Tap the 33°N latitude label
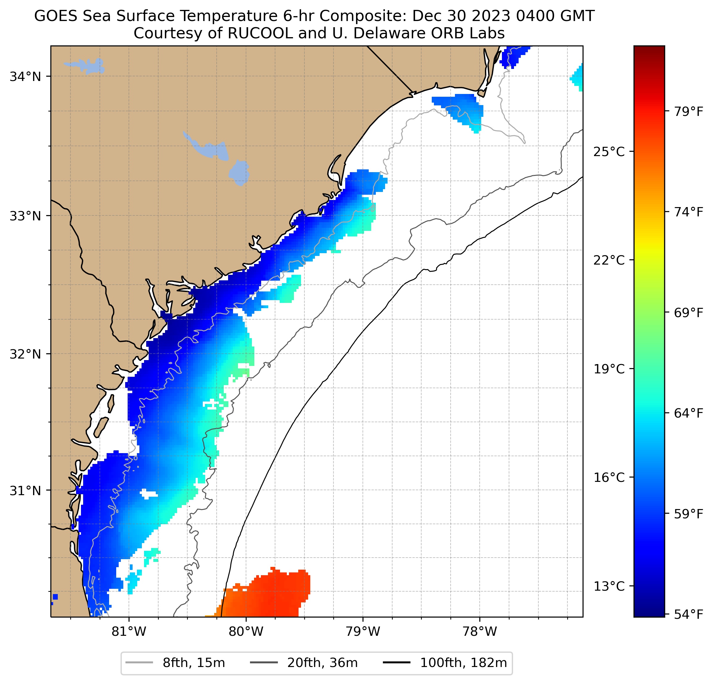(25, 216)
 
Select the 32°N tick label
(25, 354)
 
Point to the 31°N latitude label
(25, 491)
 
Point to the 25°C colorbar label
(609, 152)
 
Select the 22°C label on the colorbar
(609, 261)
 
